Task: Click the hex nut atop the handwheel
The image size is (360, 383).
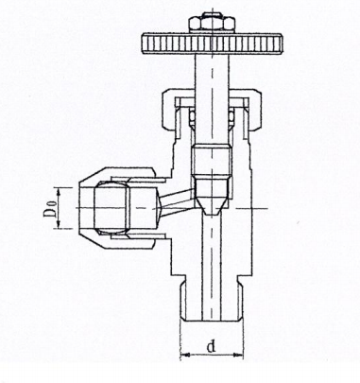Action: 212,24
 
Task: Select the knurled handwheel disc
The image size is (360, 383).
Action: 212,44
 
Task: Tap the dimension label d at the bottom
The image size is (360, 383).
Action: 212,347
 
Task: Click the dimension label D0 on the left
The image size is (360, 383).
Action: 50,208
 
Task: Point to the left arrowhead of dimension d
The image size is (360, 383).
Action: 185,355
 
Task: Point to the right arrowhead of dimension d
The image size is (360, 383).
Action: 238,355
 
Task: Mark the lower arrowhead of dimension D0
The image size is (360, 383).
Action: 58,224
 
